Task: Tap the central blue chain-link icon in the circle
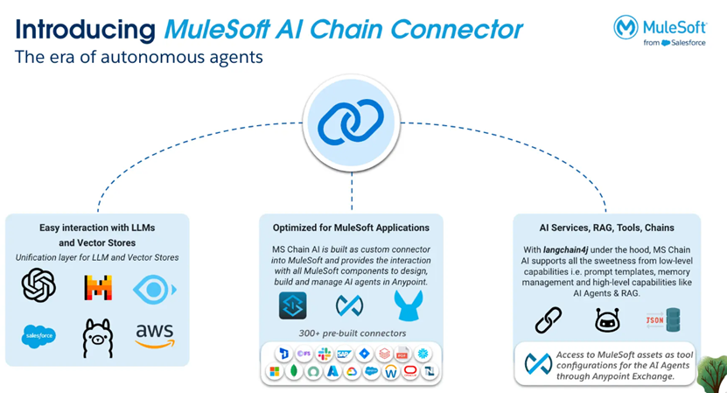tap(351, 124)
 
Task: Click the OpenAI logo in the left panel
tap(38, 285)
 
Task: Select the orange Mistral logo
tap(98, 286)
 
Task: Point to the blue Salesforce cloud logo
tap(38, 336)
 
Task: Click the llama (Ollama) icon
tap(97, 336)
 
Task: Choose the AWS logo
tap(154, 335)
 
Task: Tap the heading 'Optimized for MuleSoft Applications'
tap(350, 228)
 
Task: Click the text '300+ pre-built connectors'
tap(350, 333)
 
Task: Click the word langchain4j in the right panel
tap(570, 249)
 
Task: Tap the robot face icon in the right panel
tap(606, 319)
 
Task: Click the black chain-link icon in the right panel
tap(548, 319)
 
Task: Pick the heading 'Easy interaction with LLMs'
tap(95, 228)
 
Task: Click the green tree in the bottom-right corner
tap(713, 366)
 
